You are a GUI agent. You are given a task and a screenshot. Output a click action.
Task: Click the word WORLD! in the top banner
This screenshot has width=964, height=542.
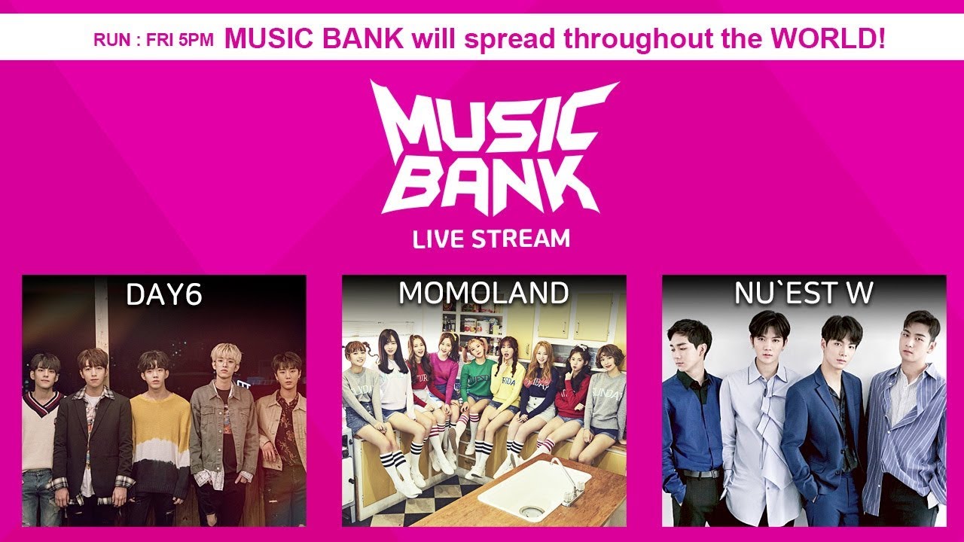(835, 38)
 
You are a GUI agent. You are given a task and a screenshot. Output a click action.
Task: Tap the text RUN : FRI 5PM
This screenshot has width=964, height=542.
(154, 40)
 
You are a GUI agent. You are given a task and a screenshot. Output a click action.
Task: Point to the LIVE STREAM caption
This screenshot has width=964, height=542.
(491, 239)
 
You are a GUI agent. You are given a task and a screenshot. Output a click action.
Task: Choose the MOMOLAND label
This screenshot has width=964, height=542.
(484, 294)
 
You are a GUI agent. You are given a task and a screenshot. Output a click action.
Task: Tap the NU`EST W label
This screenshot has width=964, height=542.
(804, 294)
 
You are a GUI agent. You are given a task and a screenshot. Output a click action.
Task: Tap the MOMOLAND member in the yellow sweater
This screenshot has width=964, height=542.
(508, 384)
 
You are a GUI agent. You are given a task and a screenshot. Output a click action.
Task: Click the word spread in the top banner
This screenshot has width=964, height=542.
(508, 39)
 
